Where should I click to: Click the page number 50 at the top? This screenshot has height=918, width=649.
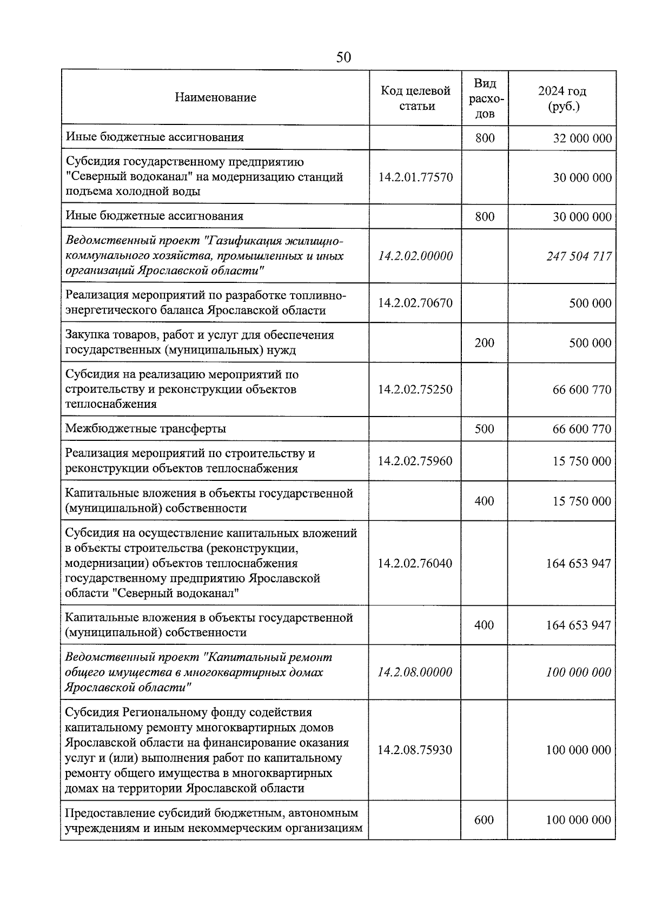click(x=343, y=57)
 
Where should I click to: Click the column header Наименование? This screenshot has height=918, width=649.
click(x=215, y=98)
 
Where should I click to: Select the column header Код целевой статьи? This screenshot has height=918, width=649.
click(x=415, y=98)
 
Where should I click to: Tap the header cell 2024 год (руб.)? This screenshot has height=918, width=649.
click(x=562, y=98)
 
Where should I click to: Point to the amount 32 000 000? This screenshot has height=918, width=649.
click(x=582, y=138)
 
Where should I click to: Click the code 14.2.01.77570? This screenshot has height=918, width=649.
click(x=415, y=177)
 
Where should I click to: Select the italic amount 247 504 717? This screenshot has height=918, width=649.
click(x=579, y=256)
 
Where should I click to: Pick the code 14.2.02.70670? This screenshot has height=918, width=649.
click(x=415, y=303)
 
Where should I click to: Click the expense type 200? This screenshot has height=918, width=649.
click(x=485, y=343)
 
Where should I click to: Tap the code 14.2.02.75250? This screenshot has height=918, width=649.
click(x=415, y=389)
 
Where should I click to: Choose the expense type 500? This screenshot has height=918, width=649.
click(x=485, y=429)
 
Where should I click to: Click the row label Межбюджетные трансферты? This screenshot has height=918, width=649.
click(x=145, y=429)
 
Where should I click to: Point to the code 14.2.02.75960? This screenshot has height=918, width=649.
click(x=415, y=461)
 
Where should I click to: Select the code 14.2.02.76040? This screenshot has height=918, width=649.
click(x=415, y=563)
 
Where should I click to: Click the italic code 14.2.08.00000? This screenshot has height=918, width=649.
click(x=415, y=672)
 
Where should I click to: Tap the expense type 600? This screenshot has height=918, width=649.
click(x=485, y=820)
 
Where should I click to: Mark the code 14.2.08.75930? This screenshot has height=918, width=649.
click(x=415, y=750)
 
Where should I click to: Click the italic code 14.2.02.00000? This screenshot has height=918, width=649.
click(x=415, y=256)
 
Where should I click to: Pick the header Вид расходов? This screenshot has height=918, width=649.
click(x=485, y=98)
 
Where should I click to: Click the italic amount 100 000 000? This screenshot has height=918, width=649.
click(x=579, y=672)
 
